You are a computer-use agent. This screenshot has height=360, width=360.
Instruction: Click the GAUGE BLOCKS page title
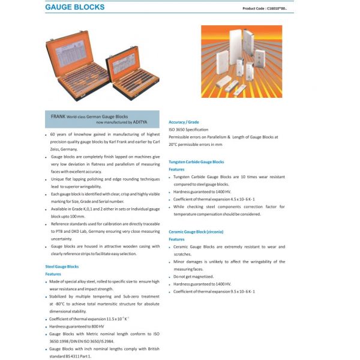[x=74, y=8]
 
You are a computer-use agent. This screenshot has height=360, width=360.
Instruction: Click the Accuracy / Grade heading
[x=184, y=122]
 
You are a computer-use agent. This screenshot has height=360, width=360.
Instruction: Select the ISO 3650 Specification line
[x=188, y=130]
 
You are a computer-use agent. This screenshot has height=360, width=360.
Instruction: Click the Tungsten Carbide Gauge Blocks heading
[x=196, y=161]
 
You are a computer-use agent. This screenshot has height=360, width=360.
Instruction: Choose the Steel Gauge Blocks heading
[x=62, y=266]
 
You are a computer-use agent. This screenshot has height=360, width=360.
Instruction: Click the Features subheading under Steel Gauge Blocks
[x=53, y=274]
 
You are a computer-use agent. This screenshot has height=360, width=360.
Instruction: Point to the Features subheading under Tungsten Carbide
[x=176, y=169]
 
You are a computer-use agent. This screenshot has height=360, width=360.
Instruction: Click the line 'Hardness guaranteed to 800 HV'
[x=77, y=326]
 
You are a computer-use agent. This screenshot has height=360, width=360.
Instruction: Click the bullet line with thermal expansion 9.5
[x=214, y=291]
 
